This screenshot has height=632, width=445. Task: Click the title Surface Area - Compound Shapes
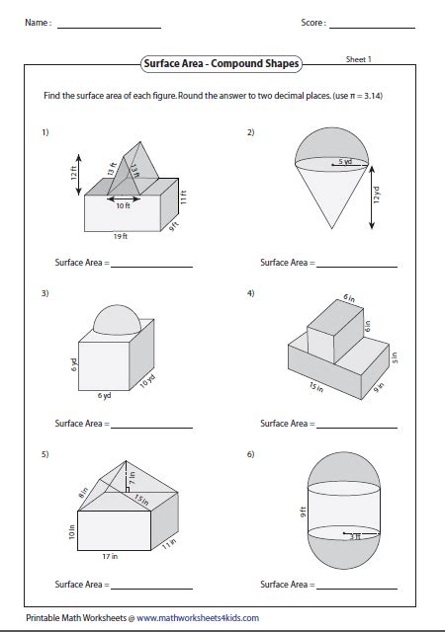222,63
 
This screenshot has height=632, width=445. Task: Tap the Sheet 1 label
359,59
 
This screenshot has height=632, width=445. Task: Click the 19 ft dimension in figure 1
121,236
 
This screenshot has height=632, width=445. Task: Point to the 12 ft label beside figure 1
74,173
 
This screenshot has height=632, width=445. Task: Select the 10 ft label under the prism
124,205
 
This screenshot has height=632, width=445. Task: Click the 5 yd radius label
345,161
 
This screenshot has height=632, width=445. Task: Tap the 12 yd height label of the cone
377,195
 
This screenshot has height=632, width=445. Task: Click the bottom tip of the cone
332,228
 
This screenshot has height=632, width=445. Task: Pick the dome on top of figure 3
117,320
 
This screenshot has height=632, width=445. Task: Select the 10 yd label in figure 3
147,381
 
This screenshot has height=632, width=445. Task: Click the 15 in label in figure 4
316,387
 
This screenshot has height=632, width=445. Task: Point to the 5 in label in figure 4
395,357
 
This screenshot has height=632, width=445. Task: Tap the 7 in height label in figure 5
133,478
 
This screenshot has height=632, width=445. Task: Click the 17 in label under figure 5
110,556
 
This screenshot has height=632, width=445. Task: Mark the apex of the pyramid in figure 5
126,461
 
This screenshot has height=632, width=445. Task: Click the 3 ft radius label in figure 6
355,536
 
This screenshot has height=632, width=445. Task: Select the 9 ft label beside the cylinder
303,512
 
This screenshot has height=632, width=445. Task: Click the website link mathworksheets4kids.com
198,618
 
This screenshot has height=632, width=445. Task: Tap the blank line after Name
109,28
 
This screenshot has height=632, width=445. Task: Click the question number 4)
251,293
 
